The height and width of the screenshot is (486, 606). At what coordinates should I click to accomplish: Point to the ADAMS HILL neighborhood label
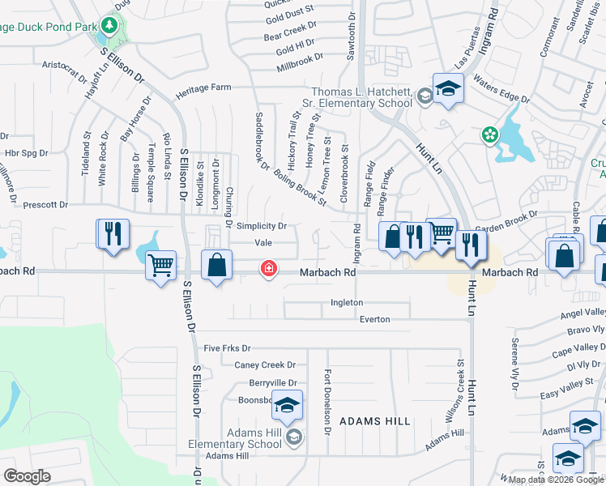coord(374,421)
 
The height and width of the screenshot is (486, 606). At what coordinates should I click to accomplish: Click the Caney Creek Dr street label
coord(265,365)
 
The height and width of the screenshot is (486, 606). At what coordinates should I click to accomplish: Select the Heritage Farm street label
coord(203,87)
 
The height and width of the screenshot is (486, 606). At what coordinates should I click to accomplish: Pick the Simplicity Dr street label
coord(262,226)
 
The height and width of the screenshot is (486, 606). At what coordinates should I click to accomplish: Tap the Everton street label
coord(374,319)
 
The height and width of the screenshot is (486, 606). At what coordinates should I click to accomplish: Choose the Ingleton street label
coord(347,302)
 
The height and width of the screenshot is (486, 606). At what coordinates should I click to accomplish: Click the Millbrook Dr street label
coord(299,57)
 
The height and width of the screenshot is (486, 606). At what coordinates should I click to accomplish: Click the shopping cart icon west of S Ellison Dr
coord(160,264)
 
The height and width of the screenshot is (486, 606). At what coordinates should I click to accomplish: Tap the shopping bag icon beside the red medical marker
coord(216,265)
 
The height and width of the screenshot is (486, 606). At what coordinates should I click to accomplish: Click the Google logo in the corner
coord(27,476)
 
